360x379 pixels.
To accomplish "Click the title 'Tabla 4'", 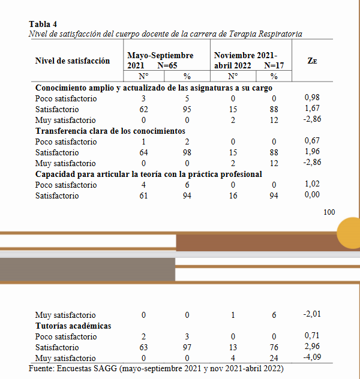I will point(43,25).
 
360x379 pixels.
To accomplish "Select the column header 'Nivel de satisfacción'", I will point(73,61).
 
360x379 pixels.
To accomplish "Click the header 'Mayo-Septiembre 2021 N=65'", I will point(160,61).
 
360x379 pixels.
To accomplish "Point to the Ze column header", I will point(312,61).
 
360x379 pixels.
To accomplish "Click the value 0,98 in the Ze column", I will point(312,98).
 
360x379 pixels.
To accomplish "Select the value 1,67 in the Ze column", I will point(312,109).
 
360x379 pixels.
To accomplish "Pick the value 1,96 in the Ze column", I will point(312,152).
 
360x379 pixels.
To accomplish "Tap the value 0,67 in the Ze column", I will point(312,142).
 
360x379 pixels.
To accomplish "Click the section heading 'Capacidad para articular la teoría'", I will point(148,174).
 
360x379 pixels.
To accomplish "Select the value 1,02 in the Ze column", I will point(312,185).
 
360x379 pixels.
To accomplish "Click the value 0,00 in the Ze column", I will point(312,195).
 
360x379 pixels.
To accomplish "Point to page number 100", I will point(329,212).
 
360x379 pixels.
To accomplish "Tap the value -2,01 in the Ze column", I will point(312,315).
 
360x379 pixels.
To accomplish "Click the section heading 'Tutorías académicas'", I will point(73,326).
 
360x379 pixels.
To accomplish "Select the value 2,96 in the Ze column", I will point(312,347).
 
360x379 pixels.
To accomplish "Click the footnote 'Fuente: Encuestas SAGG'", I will point(156,368).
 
